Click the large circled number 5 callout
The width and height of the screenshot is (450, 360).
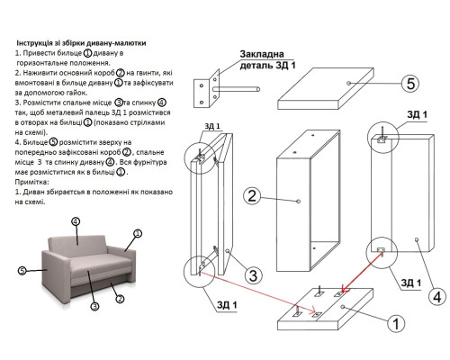click(x=410, y=83)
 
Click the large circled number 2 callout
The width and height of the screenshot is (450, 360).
click(x=252, y=196)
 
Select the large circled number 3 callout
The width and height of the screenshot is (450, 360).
click(x=253, y=275)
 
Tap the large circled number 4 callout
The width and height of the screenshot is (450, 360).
click(x=437, y=297)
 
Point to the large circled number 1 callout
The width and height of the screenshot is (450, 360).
click(x=396, y=324)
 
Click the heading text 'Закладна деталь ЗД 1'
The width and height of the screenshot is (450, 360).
click(x=267, y=59)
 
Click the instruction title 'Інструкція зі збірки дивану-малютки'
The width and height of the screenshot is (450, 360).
click(x=81, y=43)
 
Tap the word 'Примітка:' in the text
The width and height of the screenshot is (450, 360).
click(x=31, y=182)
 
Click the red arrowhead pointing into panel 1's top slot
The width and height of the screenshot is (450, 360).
click(x=345, y=289)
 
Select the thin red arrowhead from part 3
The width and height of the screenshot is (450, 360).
click(x=313, y=309)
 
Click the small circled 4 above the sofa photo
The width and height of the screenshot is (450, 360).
click(x=76, y=221)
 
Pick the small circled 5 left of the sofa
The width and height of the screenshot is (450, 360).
click(x=22, y=271)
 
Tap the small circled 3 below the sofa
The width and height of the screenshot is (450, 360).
click(x=94, y=306)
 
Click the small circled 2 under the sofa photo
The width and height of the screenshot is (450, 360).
click(x=120, y=299)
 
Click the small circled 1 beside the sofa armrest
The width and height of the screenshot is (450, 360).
click(x=138, y=233)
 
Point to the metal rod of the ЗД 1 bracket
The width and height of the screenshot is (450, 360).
click(x=237, y=89)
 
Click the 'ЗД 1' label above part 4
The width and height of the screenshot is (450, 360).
click(x=417, y=114)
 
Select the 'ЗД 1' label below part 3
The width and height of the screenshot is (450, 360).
click(x=227, y=305)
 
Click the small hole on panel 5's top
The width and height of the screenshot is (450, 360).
click(x=348, y=83)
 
